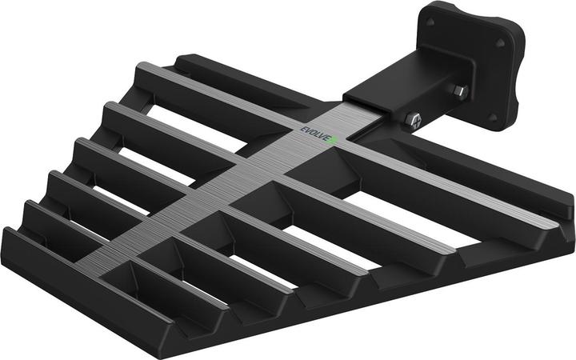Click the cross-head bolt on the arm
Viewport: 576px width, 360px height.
(414, 120)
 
